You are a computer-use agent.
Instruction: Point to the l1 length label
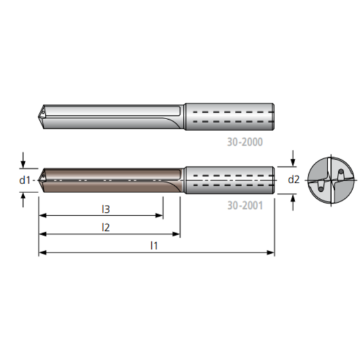tap(154, 245)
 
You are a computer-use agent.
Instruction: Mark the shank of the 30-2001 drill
tap(228, 180)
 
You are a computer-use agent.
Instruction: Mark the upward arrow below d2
tap(294, 198)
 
